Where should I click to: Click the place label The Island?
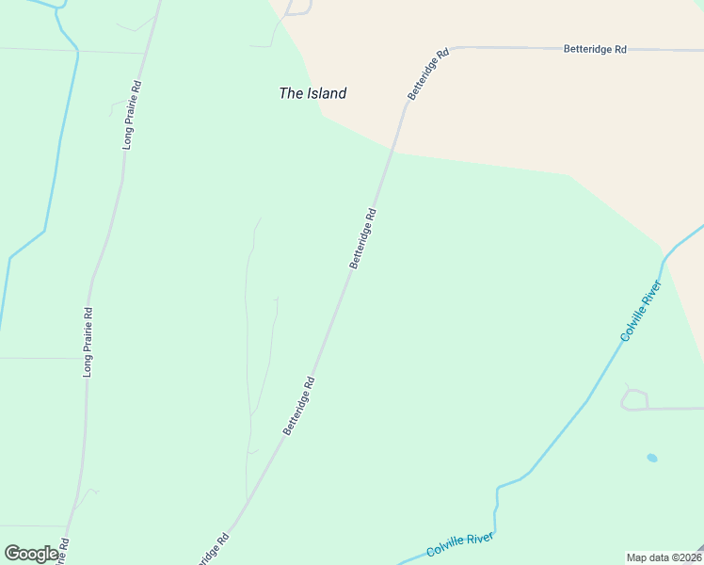312,93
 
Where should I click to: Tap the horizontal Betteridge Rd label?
595,48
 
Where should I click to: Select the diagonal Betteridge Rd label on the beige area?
427,73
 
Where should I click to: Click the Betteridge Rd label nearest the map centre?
362,238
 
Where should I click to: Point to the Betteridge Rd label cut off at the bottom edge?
212,551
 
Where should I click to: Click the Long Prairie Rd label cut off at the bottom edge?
64,552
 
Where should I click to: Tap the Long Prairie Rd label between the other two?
88,343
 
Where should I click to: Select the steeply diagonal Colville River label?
642,310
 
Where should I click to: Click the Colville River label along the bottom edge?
459,544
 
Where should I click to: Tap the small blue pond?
651,458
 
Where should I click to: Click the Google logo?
31,554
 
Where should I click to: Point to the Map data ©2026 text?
663,557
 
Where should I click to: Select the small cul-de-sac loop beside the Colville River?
633,398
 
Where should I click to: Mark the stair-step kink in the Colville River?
497,499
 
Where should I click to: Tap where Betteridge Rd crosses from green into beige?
392,151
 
